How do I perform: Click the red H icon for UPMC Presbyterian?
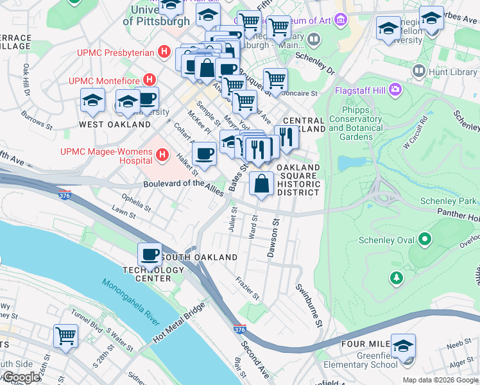coord(165,52)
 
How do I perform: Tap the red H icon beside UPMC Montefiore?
coord(150,80)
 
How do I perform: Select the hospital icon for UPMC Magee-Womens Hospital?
coord(162,155)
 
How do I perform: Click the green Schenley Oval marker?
coord(424,241)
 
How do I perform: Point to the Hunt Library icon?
coord(420,70)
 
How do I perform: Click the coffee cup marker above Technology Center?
coord(150,255)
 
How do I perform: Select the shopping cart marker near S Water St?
coord(65,335)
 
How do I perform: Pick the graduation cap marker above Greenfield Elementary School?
coord(403,347)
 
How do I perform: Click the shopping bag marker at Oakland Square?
coord(261,184)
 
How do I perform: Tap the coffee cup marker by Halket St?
coord(204,153)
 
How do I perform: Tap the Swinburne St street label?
coord(309,304)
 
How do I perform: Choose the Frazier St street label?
coord(248,289)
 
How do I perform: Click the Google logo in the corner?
coord(21,377)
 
